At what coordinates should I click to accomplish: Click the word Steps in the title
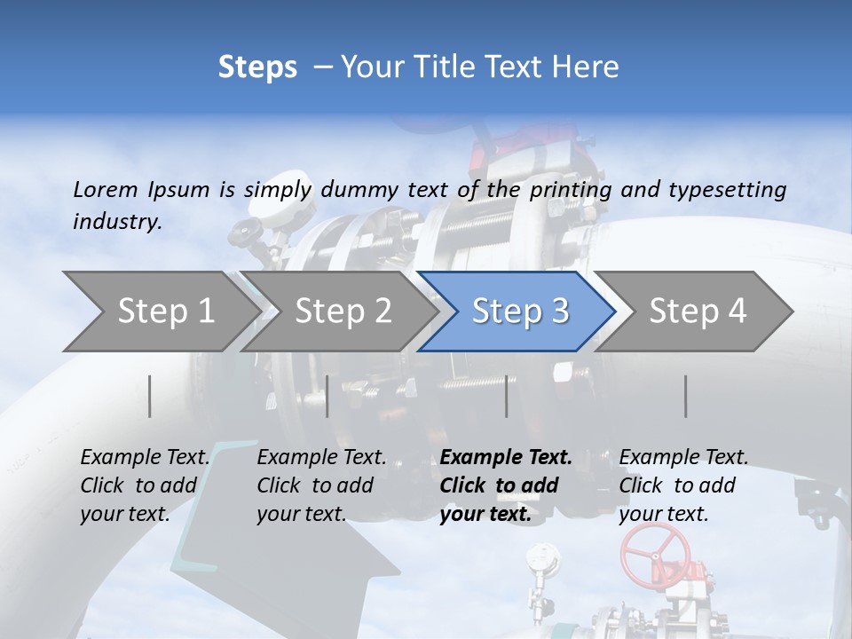pos(257,67)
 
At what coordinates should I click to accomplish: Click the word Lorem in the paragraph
pos(106,189)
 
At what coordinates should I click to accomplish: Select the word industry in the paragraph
pos(116,221)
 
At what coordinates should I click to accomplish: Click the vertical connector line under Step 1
pos(150,396)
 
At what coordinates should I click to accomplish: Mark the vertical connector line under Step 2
pos(327,396)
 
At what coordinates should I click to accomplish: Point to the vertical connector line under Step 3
pos(506,396)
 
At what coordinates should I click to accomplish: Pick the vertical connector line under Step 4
pos(685,396)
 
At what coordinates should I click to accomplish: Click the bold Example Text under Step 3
pos(506,458)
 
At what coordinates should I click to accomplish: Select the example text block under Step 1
pos(145,485)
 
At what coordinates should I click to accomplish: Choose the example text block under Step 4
pos(683,485)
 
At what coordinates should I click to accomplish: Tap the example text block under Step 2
pos(321,485)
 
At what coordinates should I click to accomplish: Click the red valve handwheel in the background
pos(655,551)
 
